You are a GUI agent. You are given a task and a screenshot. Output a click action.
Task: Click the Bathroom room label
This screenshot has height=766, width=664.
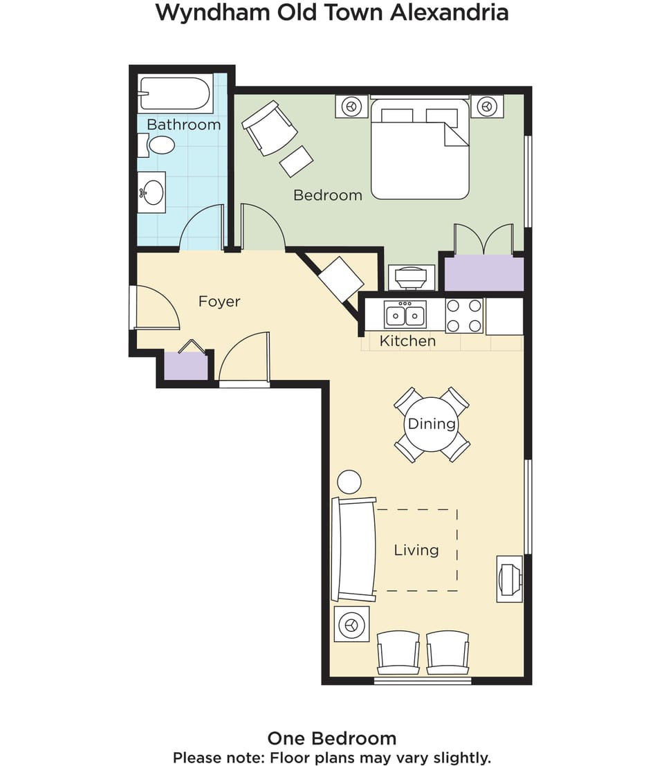tap(183, 125)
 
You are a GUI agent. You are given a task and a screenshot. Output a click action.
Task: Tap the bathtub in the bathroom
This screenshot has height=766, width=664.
tap(175, 93)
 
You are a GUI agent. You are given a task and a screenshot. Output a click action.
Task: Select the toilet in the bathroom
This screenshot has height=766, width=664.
tap(157, 145)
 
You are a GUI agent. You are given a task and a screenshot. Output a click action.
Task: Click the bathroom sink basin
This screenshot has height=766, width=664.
tap(152, 192)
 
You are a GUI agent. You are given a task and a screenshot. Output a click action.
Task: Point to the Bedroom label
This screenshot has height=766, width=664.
tap(328, 195)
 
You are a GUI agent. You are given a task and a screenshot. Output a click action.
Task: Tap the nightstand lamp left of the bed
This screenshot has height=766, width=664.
tap(351, 106)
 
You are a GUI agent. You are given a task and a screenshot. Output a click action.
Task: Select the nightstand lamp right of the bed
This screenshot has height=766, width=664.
tap(487, 106)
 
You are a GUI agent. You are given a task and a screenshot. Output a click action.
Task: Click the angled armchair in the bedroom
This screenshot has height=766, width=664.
tap(270, 128)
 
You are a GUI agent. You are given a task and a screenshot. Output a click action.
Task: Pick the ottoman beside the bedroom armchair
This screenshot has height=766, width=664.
tap(296, 161)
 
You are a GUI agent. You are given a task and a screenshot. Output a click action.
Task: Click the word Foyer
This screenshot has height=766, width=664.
tap(219, 302)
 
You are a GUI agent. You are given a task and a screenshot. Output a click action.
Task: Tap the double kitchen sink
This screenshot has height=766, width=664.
tap(405, 315)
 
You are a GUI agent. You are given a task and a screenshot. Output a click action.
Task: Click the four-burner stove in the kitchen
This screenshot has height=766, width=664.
tap(464, 316)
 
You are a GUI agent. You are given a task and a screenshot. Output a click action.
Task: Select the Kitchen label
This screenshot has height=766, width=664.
tap(407, 341)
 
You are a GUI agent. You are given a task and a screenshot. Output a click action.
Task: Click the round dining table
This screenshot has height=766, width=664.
tap(432, 424)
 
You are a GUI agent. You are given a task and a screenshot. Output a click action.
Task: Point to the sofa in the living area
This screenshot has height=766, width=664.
tap(353, 549)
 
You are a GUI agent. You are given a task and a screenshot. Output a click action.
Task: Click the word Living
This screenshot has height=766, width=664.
tap(416, 551)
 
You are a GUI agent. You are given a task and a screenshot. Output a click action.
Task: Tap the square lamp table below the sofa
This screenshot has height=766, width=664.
tap(351, 624)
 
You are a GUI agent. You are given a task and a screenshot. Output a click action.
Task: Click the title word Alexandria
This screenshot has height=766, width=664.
tap(449, 12)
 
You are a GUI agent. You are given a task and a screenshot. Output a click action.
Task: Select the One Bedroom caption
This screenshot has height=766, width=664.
tap(332, 738)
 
